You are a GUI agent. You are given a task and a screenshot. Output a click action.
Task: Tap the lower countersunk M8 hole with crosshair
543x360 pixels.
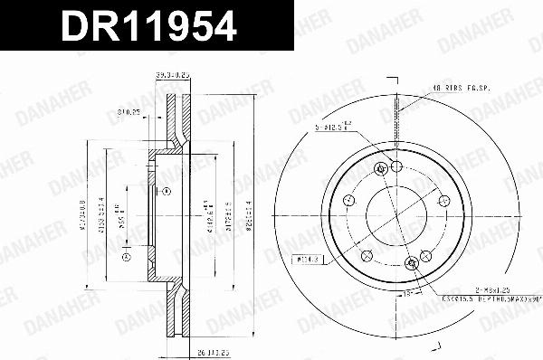pos(413,262)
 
